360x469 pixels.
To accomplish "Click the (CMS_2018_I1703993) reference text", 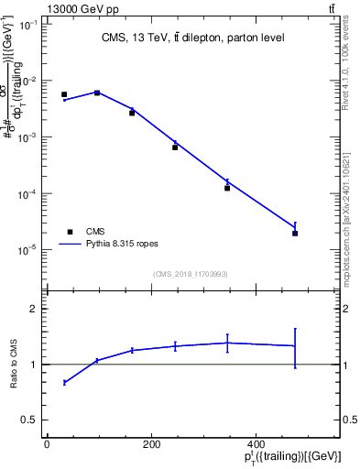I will pos(190,274).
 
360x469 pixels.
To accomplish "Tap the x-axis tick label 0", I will pos(47,444).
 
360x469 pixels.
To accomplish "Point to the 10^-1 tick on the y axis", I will pos(27,25).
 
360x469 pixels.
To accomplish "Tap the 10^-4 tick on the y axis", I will pos(27,193).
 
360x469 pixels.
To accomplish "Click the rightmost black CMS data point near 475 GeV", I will pos(295,234).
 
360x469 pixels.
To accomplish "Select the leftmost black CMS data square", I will pos(64,94).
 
